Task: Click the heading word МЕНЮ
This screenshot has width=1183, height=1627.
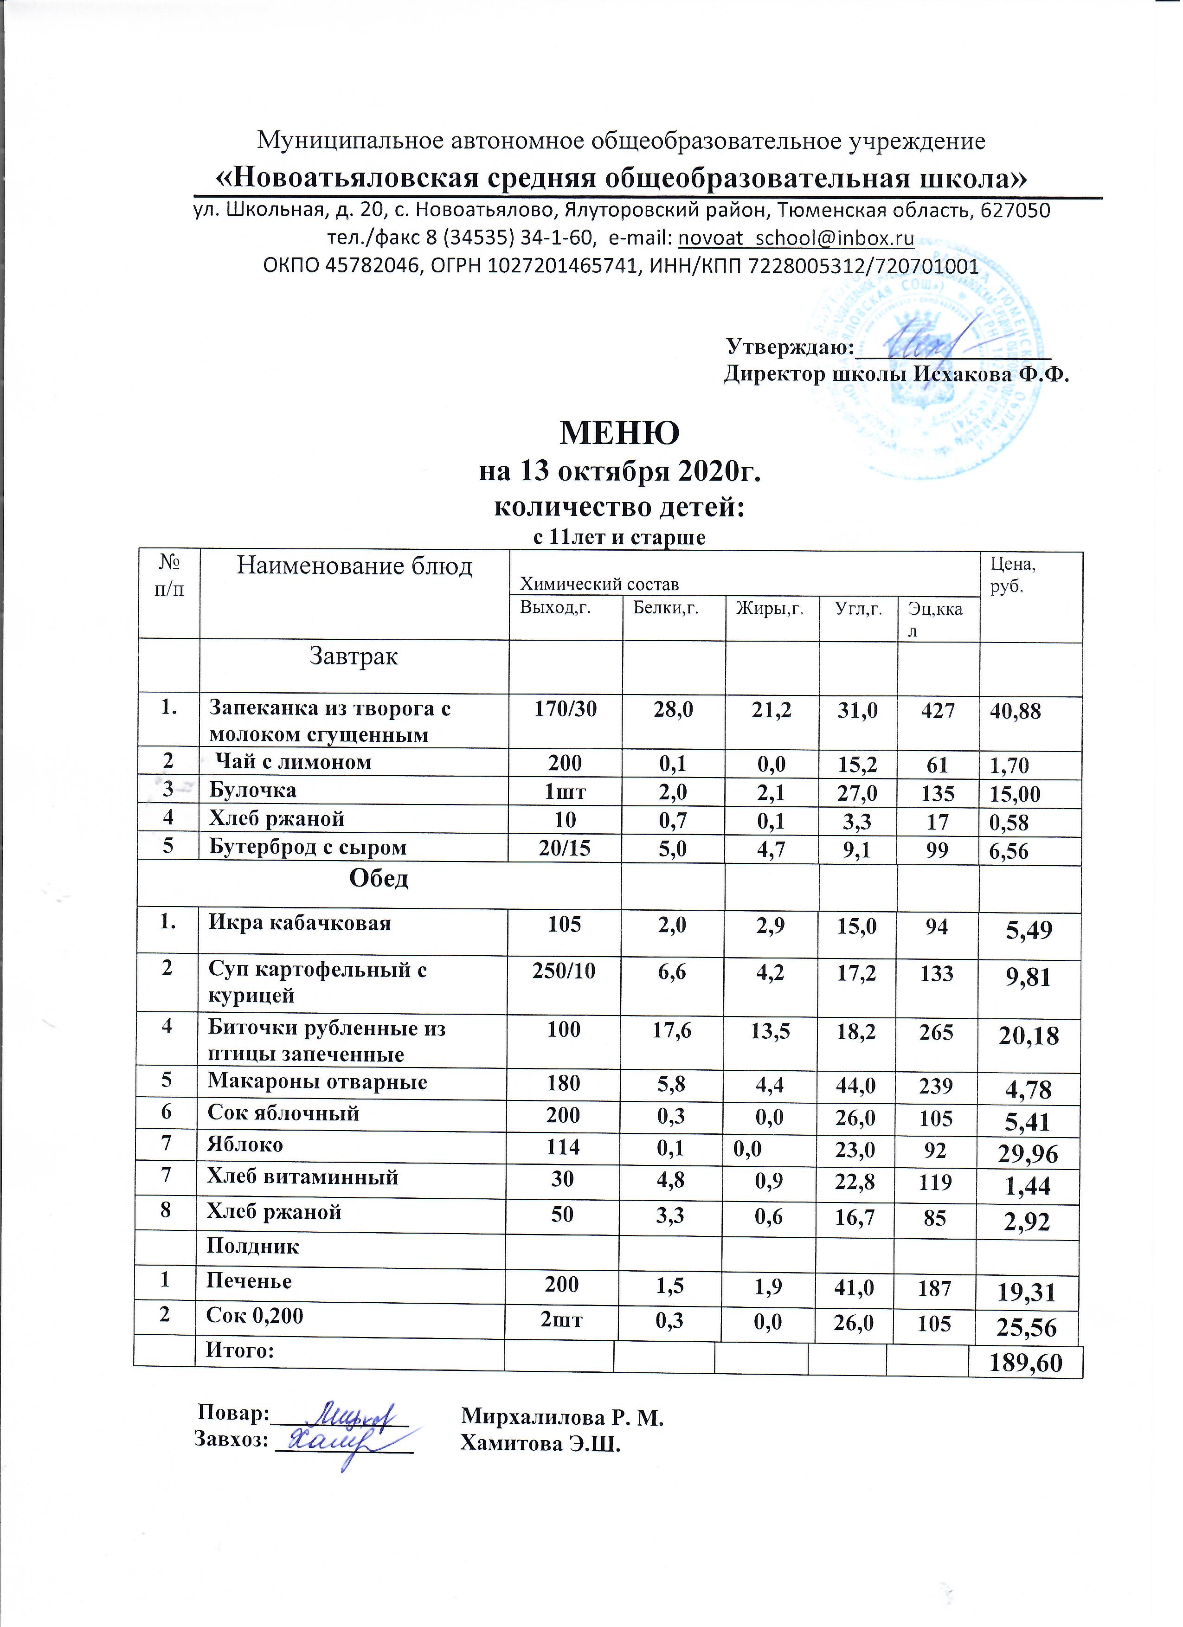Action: tap(619, 432)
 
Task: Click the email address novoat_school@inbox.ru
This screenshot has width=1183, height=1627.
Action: tap(796, 238)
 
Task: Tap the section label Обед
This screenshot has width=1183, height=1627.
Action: tap(378, 879)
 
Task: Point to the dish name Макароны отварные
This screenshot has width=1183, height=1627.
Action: tap(317, 1082)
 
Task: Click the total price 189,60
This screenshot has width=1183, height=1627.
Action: tap(1025, 1363)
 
